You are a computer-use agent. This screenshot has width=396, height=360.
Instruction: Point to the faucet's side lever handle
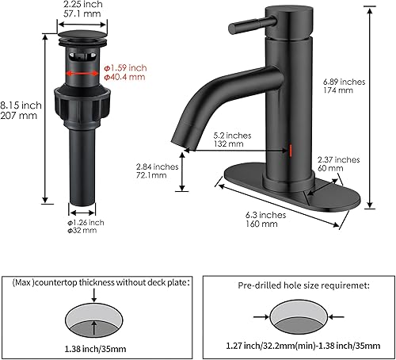click(x=255, y=28)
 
